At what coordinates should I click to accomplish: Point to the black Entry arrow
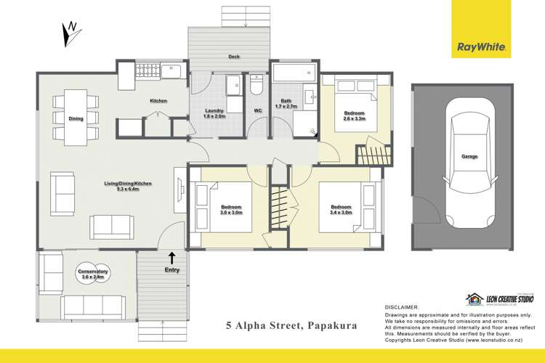pyautogui.click(x=172, y=256)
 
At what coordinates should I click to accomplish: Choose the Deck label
pyautogui.click(x=234, y=56)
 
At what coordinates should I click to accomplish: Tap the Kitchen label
pyautogui.click(x=158, y=101)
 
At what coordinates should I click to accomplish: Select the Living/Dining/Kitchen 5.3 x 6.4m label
pyautogui.click(x=127, y=186)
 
